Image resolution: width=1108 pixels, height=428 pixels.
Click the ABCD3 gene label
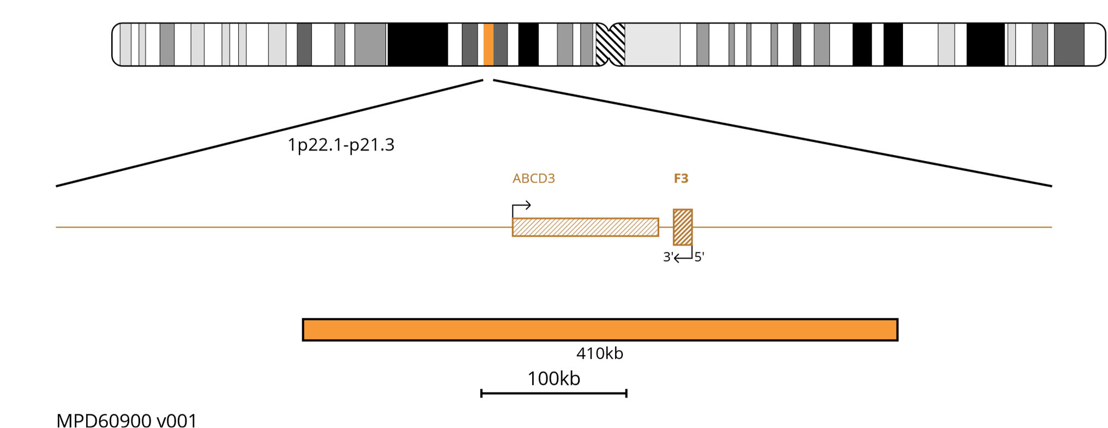[x=533, y=178]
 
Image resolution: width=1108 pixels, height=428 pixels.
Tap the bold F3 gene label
[x=681, y=178]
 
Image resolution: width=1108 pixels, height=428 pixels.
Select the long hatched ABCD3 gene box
[x=585, y=227]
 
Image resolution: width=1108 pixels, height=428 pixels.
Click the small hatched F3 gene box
[x=683, y=227]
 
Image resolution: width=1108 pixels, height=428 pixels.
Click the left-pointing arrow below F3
[x=683, y=257]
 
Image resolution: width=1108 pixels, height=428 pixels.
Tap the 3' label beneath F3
[x=667, y=257]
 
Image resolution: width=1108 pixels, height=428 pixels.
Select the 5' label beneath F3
[x=699, y=257]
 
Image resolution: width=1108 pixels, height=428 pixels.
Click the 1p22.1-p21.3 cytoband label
[x=341, y=145]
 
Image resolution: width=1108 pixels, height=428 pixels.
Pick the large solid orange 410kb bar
[x=600, y=330]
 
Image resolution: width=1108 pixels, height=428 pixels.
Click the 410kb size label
[x=599, y=354]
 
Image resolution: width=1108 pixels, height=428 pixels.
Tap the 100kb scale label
[x=553, y=378]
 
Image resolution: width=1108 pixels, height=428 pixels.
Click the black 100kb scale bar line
[x=553, y=393]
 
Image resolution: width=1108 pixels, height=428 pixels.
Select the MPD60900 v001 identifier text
[x=127, y=421]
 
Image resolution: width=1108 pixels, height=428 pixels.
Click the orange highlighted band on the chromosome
[x=489, y=45]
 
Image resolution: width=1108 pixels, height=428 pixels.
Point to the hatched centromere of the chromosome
[x=610, y=45]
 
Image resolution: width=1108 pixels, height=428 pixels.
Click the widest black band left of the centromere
[x=417, y=45]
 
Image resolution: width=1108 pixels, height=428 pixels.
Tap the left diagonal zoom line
[x=269, y=134]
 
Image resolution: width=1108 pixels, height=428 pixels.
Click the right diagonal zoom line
[x=772, y=134]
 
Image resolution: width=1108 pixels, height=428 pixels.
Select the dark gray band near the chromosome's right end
[x=1069, y=45]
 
